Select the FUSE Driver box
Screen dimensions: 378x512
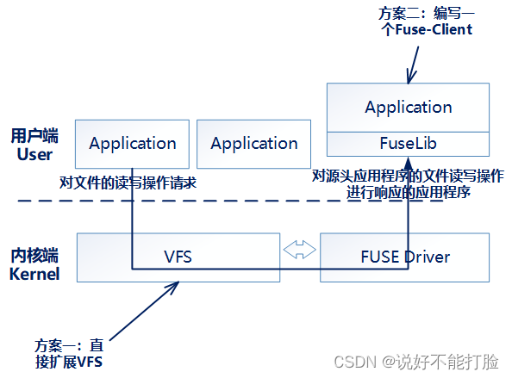click(404, 257)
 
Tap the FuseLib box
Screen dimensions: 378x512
click(408, 142)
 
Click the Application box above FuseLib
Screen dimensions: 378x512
click(408, 108)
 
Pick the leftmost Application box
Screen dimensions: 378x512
click(132, 144)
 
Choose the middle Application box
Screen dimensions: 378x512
click(253, 144)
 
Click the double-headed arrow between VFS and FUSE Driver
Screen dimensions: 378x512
click(300, 250)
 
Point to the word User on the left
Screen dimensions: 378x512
click(34, 155)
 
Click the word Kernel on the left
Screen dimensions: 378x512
click(34, 275)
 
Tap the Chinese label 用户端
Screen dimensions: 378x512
click(34, 137)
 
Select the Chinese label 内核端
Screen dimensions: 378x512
click(34, 257)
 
